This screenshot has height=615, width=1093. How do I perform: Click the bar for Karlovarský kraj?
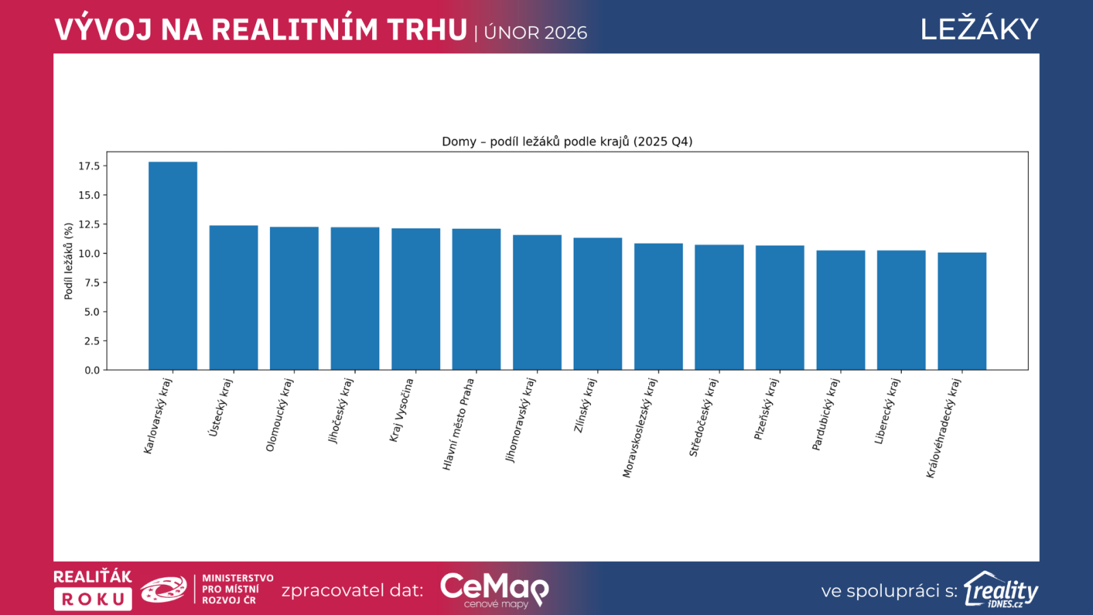coord(173,266)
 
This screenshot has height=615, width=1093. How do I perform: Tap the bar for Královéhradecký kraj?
coord(962,311)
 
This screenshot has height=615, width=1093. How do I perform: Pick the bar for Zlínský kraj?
coord(598,304)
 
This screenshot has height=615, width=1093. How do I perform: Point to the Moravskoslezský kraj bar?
coord(659,307)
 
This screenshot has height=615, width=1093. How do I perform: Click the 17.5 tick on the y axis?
coord(89,166)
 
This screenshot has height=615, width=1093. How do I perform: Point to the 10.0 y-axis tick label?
coord(89,254)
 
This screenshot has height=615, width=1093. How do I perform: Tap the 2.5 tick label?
coord(92,341)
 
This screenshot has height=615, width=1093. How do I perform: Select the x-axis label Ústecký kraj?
coord(221,408)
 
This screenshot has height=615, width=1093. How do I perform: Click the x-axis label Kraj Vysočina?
coord(402,411)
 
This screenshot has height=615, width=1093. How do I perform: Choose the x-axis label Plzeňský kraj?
coord(766,409)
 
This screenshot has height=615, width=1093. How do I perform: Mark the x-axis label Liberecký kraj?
coord(887,411)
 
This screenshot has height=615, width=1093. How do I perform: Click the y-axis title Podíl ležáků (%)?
coord(68,261)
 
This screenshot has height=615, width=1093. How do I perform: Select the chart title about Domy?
coord(567,141)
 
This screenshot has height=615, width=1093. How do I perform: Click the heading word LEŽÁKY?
coord(979,29)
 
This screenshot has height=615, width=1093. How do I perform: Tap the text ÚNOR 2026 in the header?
coord(536,33)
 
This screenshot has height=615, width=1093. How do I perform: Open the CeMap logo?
coord(494,589)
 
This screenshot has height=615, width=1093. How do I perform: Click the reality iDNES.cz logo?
coord(1001,590)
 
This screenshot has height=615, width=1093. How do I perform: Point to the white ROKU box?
coord(93,599)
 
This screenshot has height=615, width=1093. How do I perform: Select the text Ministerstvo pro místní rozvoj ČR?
coord(237,589)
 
